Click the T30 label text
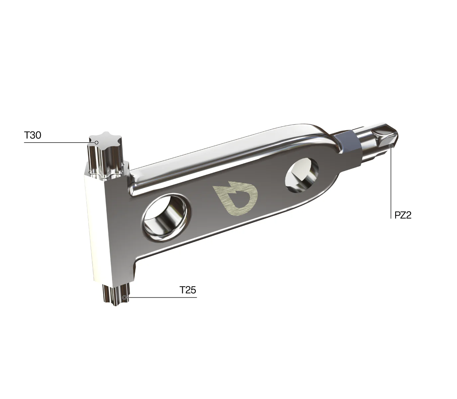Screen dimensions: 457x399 tap(33, 135)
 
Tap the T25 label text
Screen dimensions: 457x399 tap(188, 290)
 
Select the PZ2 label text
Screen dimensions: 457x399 tap(403, 215)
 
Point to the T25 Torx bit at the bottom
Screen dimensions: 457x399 tap(115, 295)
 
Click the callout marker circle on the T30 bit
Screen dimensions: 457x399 tap(96, 143)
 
